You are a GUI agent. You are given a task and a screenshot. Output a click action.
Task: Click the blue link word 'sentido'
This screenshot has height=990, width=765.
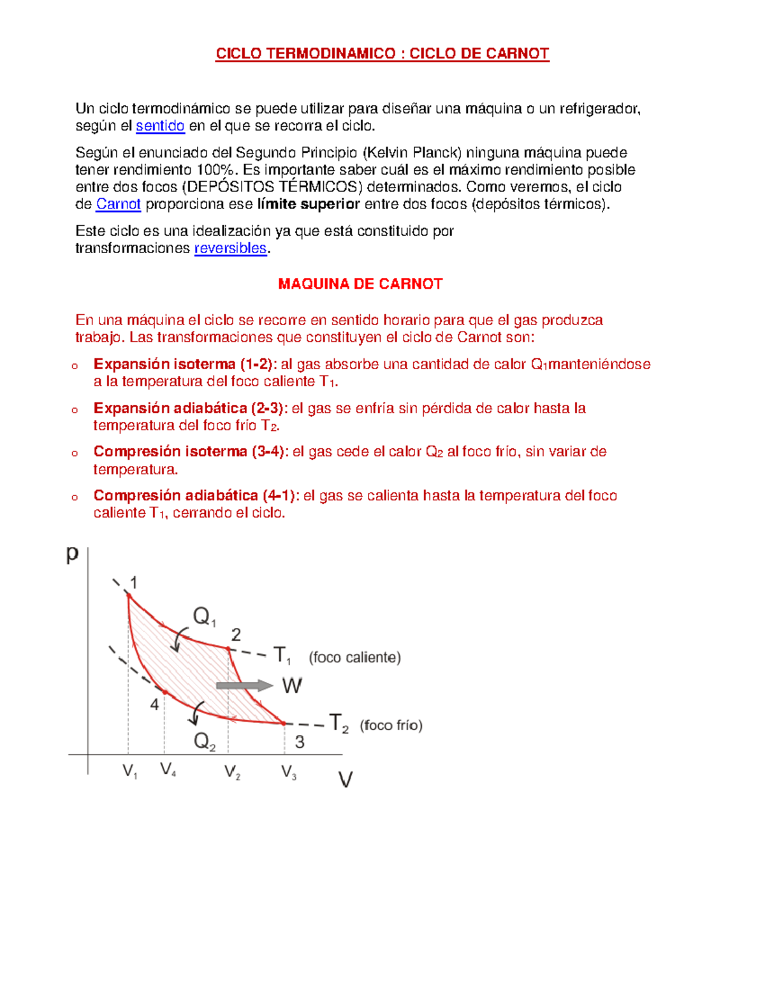[160, 126]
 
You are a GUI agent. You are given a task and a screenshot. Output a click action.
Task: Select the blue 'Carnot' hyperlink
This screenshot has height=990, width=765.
[118, 204]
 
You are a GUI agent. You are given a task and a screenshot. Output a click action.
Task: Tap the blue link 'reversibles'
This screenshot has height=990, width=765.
[230, 248]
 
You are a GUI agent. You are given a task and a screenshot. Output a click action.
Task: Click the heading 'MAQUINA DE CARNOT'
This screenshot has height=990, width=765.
[360, 284]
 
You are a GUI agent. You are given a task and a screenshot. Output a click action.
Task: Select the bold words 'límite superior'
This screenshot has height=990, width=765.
[309, 204]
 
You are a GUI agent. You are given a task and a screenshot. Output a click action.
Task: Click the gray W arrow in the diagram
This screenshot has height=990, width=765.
[244, 685]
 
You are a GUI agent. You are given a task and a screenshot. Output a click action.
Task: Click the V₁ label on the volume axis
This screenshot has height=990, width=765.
[130, 772]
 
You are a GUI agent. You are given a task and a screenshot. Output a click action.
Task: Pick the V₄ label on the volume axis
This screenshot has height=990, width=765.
[168, 769]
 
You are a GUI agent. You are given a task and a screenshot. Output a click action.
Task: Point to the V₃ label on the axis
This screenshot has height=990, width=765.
[289, 773]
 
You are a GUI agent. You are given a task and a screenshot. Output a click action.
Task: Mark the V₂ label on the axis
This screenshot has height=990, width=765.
[232, 773]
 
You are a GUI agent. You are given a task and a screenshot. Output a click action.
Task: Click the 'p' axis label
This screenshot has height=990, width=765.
[73, 554]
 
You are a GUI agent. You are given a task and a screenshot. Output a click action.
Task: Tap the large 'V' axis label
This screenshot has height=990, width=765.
[345, 780]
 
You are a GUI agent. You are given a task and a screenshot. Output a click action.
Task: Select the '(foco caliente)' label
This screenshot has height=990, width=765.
[355, 657]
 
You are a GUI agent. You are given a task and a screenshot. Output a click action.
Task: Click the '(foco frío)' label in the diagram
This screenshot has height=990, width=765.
[391, 725]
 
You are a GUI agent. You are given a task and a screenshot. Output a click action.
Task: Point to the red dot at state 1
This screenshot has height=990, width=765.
[128, 595]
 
